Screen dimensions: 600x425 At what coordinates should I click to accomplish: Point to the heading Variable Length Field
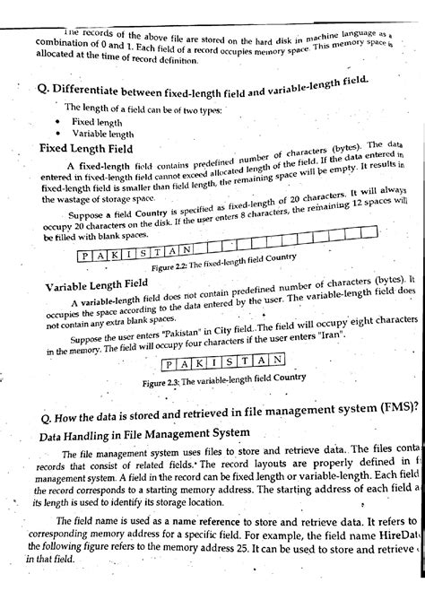(x=96, y=284)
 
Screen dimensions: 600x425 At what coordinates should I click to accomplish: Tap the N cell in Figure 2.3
(x=280, y=361)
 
